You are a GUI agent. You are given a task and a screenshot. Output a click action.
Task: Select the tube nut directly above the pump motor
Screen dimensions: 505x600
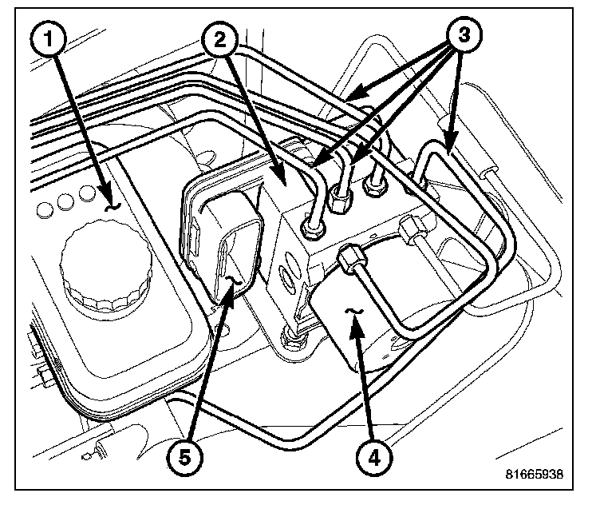point(351,257)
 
